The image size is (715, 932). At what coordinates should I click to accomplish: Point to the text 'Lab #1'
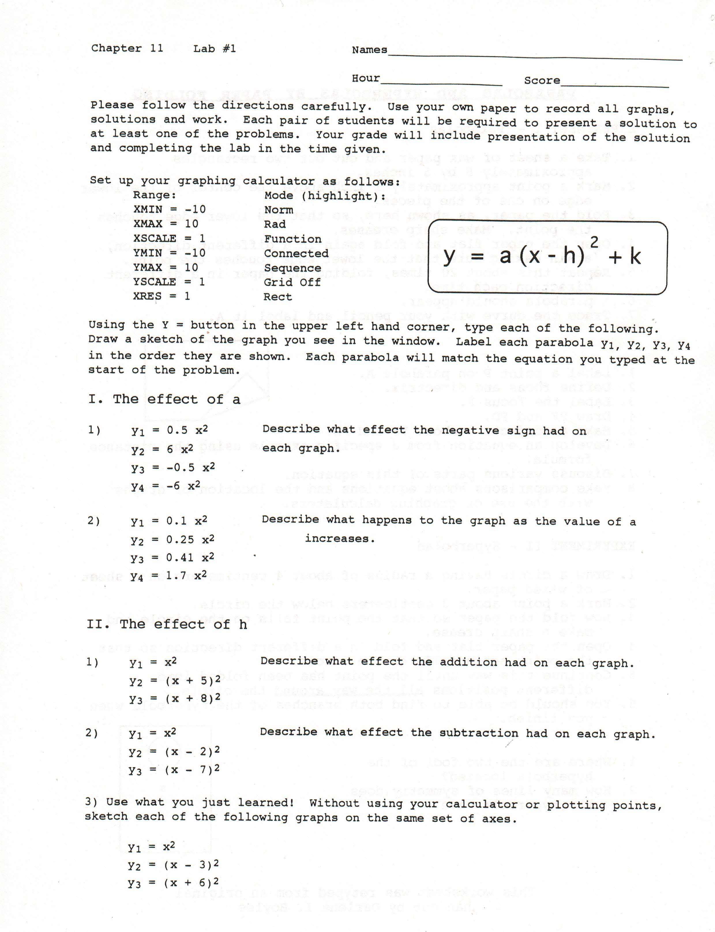[215, 48]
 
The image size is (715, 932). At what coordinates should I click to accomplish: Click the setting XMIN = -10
[169, 210]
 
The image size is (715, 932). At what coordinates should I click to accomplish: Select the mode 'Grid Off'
[292, 282]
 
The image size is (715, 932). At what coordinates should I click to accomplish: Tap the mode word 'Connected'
[296, 253]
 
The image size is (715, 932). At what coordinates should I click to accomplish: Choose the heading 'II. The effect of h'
[167, 624]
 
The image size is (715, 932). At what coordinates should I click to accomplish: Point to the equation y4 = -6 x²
[166, 486]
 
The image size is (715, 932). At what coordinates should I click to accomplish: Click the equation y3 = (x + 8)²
[174, 698]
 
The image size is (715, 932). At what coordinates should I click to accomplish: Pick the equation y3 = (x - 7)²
[174, 770]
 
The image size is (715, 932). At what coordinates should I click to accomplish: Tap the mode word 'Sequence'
[292, 268]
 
